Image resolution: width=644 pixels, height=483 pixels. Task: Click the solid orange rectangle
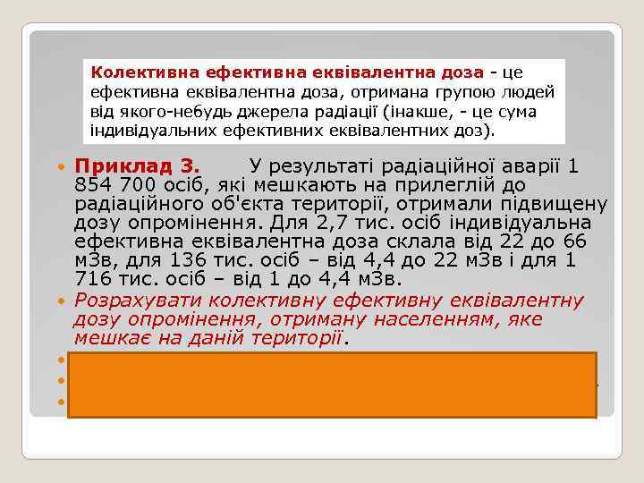(332, 385)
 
